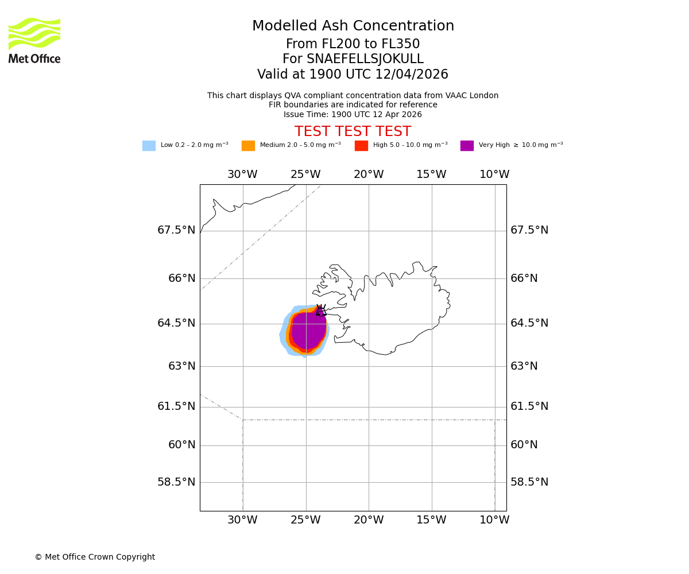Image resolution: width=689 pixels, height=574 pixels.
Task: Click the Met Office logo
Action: coord(34,41)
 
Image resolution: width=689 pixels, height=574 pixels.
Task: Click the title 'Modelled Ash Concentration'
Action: coord(353,26)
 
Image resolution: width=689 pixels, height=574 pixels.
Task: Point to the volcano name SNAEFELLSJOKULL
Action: coord(353,59)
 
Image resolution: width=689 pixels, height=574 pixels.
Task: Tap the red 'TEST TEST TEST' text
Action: coord(353,131)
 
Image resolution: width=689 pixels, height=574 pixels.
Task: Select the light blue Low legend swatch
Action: coord(149,146)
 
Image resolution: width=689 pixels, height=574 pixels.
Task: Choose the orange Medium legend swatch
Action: coord(248,146)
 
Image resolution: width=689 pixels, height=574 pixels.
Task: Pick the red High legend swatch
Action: coord(361,146)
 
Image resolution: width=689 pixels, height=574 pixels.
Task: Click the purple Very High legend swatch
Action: coord(467,146)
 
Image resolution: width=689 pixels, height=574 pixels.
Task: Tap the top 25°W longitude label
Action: coord(305,174)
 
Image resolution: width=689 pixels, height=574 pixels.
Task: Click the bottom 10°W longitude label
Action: coord(494,520)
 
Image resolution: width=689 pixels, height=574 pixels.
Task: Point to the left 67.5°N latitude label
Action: coord(176,230)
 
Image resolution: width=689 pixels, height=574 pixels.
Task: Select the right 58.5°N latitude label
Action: coord(529,482)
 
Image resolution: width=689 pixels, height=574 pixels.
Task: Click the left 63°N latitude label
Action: coord(182,366)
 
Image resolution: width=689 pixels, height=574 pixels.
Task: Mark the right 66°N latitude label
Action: coord(524,278)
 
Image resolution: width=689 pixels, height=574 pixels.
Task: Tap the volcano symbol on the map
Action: coord(321,311)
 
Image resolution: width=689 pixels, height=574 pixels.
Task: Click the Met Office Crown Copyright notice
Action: coord(95,557)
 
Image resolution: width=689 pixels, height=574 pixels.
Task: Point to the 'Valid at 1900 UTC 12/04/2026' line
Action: coord(353,75)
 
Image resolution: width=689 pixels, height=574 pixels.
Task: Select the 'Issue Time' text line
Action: coord(353,114)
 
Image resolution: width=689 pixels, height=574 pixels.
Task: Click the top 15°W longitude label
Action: coord(431,174)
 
